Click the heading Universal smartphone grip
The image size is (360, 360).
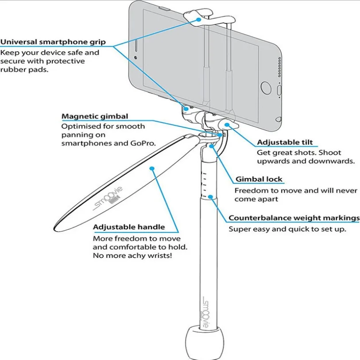(x=53, y=43)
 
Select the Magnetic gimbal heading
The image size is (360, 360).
(x=95, y=117)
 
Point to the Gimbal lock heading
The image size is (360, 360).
(x=259, y=180)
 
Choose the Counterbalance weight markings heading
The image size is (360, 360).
(x=294, y=218)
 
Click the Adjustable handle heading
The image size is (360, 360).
(x=129, y=227)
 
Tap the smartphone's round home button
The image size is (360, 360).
(x=266, y=87)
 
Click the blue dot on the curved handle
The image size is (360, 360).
(x=151, y=168)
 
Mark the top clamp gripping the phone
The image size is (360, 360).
(x=208, y=16)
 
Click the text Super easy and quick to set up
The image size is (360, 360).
(x=287, y=229)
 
